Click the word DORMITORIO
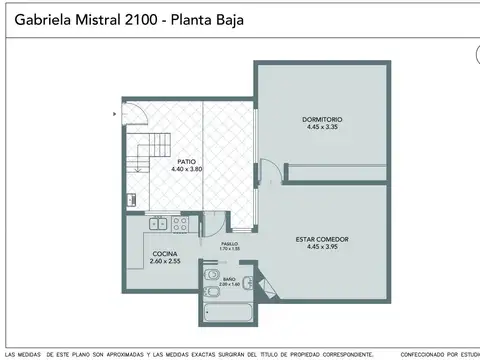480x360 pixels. (x=321, y=121)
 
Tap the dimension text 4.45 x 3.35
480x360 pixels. (x=321, y=128)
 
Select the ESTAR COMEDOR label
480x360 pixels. (x=322, y=239)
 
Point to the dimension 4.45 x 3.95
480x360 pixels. (x=322, y=246)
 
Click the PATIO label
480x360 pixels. (x=186, y=161)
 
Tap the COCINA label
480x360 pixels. (x=165, y=254)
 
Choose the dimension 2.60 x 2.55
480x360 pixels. (x=165, y=261)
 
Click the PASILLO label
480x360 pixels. (x=230, y=243)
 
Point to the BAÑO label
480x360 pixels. (x=229, y=279)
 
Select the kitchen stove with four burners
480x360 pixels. (x=181, y=223)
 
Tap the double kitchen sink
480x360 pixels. (x=155, y=225)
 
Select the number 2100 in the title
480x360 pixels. (x=130, y=19)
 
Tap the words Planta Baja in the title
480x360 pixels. (x=204, y=19)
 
